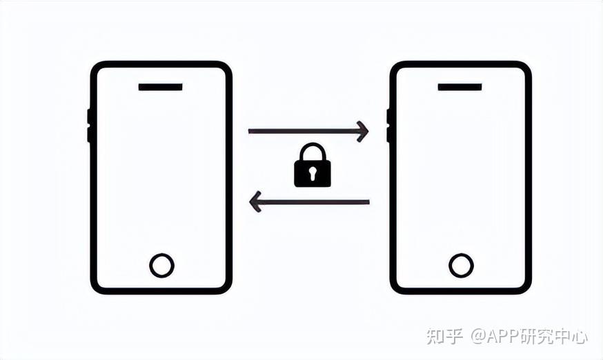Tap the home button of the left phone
click(161, 266)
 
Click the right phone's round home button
click(461, 266)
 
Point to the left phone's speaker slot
click(160, 88)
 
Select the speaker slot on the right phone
click(459, 88)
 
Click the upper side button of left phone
click(89, 117)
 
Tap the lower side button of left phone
click(89, 134)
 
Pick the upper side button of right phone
click(388, 117)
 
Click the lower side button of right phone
click(388, 134)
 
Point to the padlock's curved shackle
click(312, 150)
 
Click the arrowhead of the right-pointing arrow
click(363, 131)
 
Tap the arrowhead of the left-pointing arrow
click(254, 202)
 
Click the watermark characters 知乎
click(444, 337)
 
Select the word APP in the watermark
click(506, 337)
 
